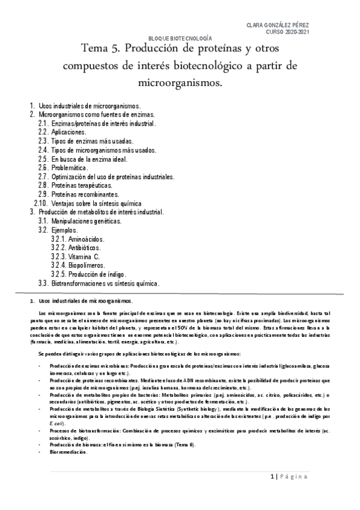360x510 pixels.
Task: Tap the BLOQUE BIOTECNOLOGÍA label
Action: pos(180,38)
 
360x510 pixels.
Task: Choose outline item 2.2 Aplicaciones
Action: pos(69,132)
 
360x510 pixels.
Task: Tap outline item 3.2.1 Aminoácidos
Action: pos(84,239)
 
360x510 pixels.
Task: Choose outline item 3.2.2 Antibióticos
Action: pos(84,247)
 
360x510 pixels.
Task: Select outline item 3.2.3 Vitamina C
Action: pos(82,256)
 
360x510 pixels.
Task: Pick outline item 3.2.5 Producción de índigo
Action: pos(97,274)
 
